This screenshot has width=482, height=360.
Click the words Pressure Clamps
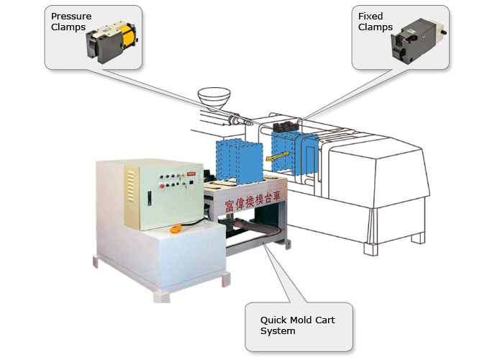point(71,22)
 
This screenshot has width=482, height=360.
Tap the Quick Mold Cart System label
point(298,325)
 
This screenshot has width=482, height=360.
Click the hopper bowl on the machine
point(215,96)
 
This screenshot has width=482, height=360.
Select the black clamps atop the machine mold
point(288,127)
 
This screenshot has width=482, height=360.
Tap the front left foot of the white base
point(94,262)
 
